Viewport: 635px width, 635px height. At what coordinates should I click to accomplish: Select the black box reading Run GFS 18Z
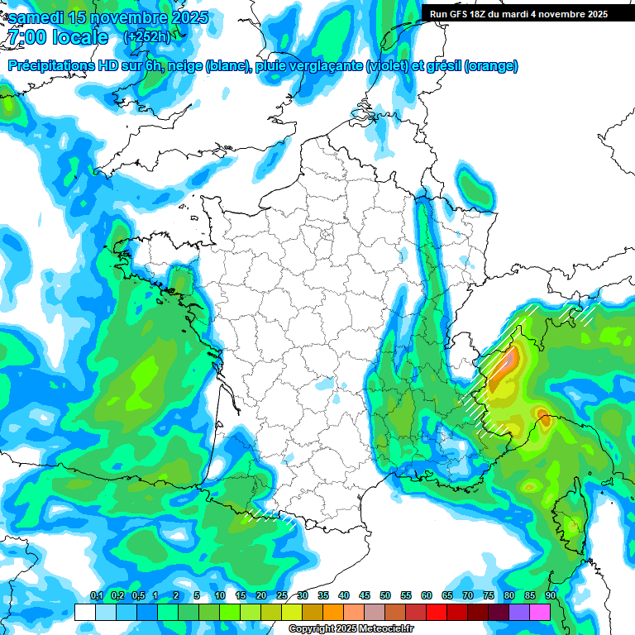click(517, 13)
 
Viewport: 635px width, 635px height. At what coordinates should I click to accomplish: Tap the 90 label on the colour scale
click(550, 596)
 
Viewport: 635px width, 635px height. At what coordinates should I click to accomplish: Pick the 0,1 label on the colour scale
click(96, 596)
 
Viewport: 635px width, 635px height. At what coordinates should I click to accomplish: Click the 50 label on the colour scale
click(385, 596)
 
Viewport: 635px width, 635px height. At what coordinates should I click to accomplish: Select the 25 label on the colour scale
click(282, 596)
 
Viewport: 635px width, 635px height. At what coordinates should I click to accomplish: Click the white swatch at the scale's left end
click(84, 612)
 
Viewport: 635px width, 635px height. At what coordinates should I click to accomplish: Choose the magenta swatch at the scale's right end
click(540, 612)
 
